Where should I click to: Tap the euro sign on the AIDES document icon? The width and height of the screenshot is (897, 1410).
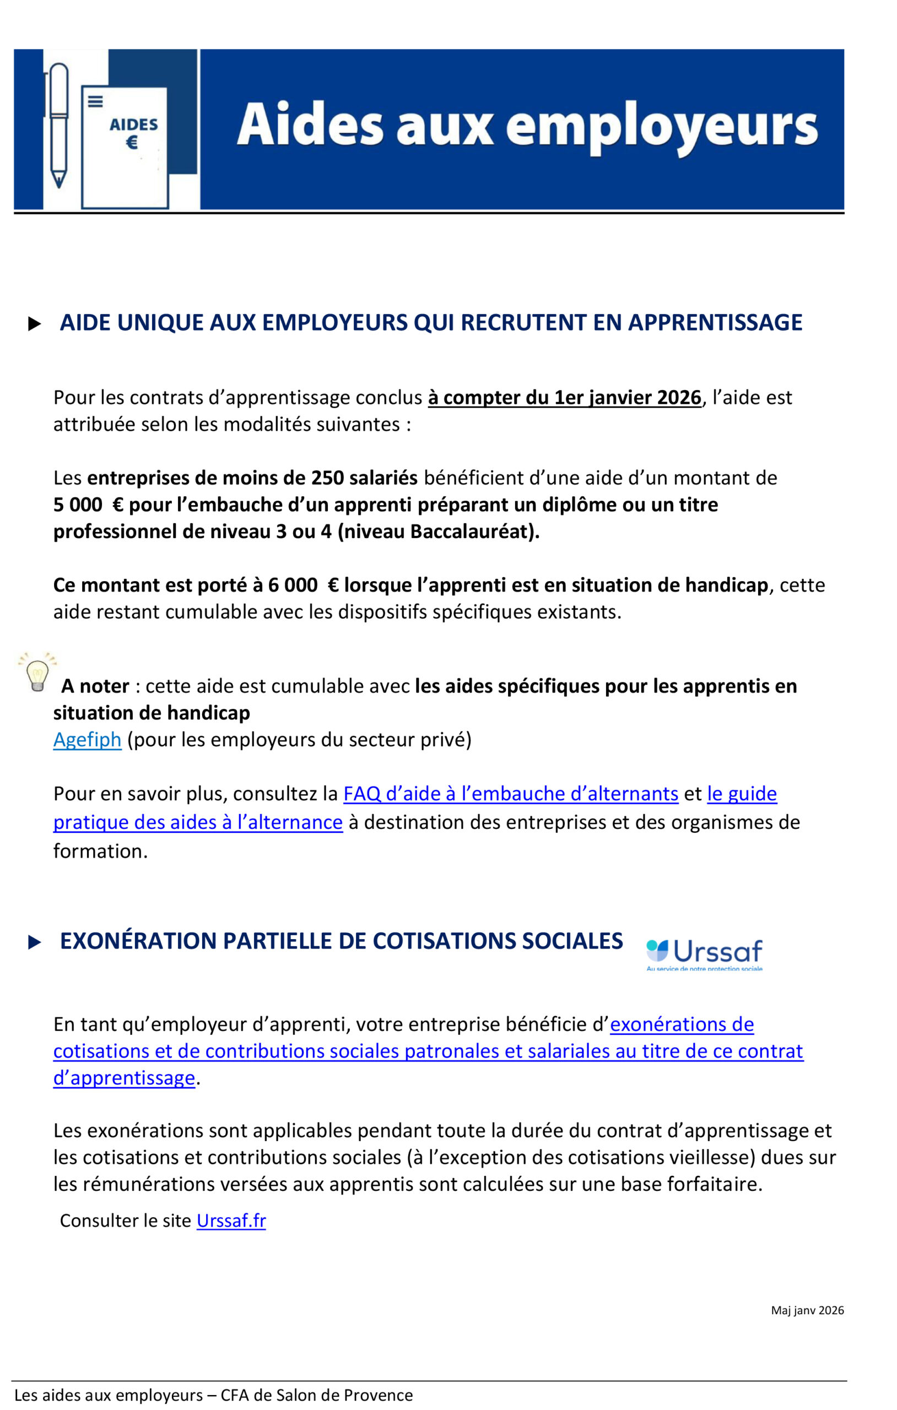[x=132, y=142]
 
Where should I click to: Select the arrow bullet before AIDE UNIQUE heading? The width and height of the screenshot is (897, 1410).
[x=35, y=324]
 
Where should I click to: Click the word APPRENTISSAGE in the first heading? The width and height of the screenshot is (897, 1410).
[x=715, y=323]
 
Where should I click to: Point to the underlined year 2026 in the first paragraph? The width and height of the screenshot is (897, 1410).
[x=679, y=398]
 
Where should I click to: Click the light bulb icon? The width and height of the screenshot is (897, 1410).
[x=37, y=671]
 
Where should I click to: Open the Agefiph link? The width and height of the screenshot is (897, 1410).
[x=87, y=740]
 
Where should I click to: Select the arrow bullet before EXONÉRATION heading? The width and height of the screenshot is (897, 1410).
[x=35, y=942]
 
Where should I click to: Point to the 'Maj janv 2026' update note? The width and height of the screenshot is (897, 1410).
[x=807, y=1310]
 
